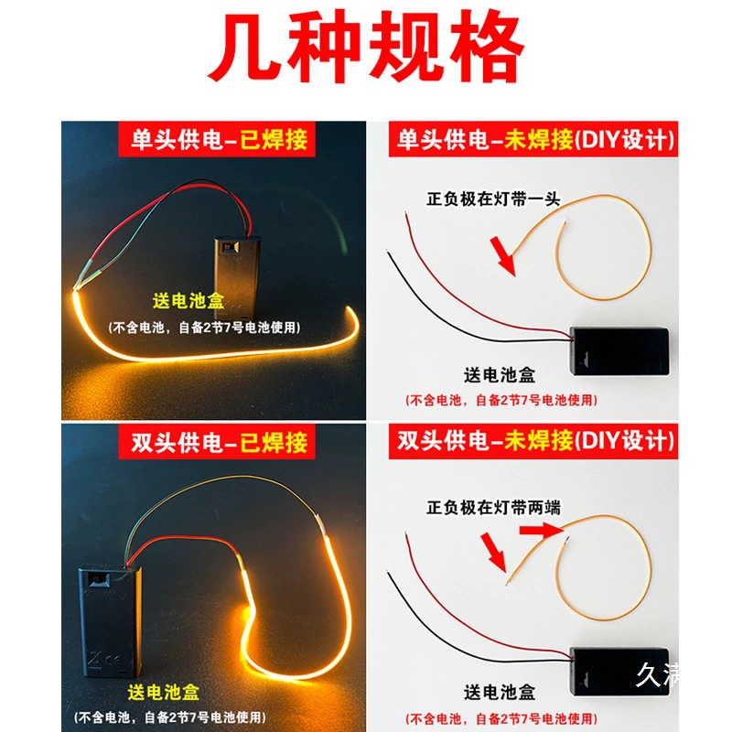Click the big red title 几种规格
click(367, 47)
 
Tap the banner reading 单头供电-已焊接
click(217, 139)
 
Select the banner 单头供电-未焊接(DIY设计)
click(533, 139)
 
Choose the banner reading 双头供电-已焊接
click(217, 442)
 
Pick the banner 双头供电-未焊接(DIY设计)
click(533, 442)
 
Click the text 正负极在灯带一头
click(493, 199)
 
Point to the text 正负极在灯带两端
click(493, 508)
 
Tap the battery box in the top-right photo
click(619, 351)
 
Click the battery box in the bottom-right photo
click(619, 672)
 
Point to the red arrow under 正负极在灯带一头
click(502, 256)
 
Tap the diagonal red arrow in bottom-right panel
click(494, 553)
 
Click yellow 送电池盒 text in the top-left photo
click(188, 301)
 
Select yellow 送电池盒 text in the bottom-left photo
click(164, 693)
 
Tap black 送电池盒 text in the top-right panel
click(500, 375)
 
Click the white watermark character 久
click(648, 674)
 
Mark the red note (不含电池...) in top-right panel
click(501, 400)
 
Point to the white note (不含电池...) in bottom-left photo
click(170, 717)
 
